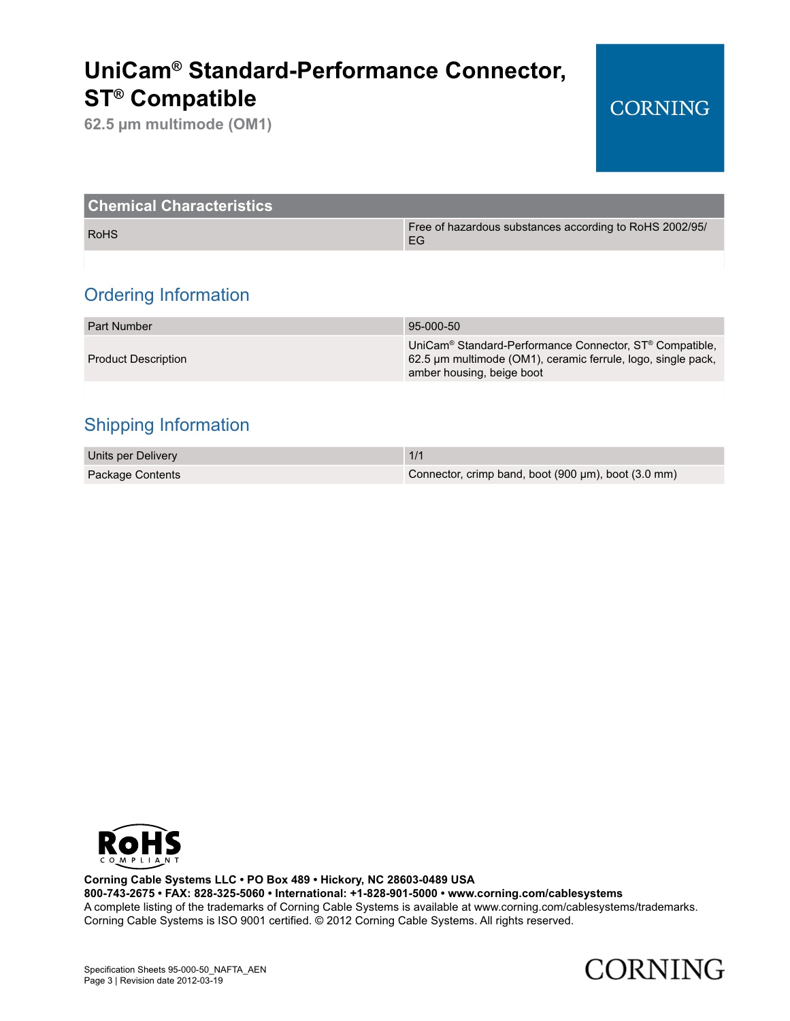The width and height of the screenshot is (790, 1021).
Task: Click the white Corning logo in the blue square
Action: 659,108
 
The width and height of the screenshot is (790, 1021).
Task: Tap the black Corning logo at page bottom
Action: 654,969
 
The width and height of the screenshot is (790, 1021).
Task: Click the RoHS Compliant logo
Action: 139,846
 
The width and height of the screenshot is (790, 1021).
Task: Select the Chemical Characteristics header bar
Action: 404,206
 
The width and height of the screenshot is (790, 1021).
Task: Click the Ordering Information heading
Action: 167,295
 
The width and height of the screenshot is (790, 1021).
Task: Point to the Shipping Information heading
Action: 167,425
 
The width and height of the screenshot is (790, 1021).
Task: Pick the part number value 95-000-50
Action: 434,326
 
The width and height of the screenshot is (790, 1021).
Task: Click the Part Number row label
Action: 120,326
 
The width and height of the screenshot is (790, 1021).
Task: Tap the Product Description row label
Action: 137,359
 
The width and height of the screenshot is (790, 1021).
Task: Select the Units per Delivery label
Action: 132,455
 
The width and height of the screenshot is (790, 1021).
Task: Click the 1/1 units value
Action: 416,455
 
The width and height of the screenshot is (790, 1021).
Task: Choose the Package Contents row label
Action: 134,474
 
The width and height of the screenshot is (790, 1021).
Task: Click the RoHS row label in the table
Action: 103,234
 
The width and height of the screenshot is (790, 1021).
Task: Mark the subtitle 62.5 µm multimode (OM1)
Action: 178,125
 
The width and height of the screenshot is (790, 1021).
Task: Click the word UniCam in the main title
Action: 127,71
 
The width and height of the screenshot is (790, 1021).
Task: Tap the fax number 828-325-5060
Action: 229,893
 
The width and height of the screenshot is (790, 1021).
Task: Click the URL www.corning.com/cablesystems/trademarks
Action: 585,907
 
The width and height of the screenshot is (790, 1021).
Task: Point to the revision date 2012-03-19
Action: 200,980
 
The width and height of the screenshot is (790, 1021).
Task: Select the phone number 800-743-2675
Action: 119,893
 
